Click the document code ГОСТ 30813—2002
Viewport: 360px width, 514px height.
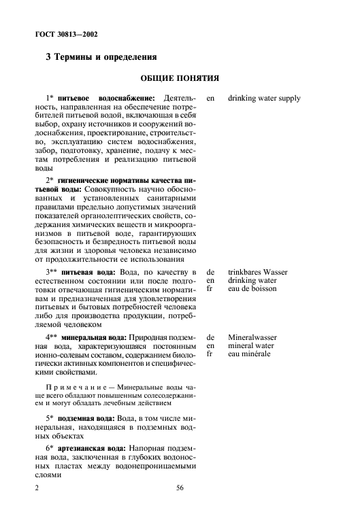[67, 33]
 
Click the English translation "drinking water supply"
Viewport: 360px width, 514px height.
[264, 99]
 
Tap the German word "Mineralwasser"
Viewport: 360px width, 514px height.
[253, 337]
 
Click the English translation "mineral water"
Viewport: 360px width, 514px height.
[252, 345]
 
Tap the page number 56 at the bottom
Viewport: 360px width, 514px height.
[180, 487]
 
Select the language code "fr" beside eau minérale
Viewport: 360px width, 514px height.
[210, 354]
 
